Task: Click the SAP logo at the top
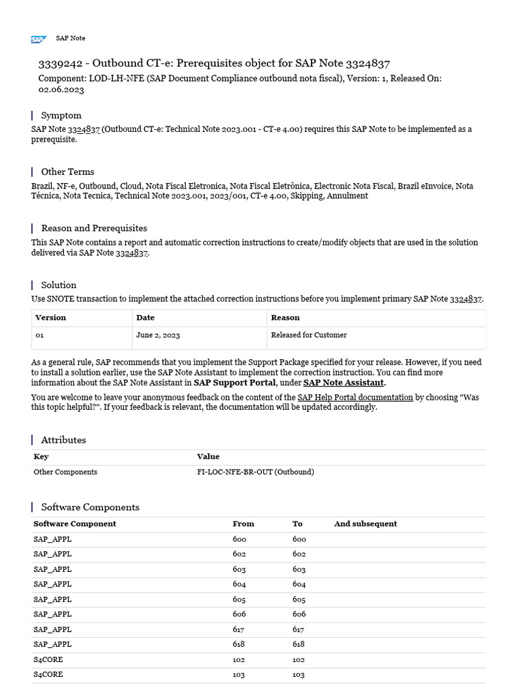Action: [38, 39]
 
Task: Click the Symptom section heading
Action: [61, 115]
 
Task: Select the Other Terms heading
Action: [67, 172]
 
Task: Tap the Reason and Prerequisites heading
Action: [94, 228]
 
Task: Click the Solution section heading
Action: [59, 285]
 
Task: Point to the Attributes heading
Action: [63, 439]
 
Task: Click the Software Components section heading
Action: [90, 507]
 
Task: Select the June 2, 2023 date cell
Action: [158, 335]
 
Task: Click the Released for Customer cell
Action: [308, 335]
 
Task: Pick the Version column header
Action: [50, 318]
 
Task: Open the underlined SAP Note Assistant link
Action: [343, 383]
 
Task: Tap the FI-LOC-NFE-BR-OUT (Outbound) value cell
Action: [255, 472]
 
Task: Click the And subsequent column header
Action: [365, 523]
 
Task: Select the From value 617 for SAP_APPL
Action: [238, 629]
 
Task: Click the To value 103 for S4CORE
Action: [298, 674]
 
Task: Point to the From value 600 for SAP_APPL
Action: [239, 539]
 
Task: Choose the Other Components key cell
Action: [65, 472]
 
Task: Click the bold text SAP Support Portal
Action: [234, 383]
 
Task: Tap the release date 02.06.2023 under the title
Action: [61, 89]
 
